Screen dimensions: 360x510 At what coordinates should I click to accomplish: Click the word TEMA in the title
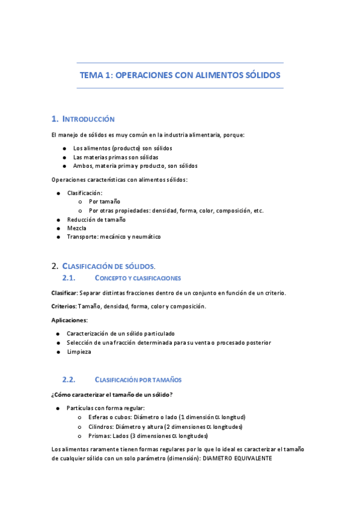pos(92,76)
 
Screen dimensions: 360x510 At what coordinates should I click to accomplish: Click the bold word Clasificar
pos(64,293)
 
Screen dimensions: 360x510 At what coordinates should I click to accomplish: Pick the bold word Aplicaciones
pos(69,320)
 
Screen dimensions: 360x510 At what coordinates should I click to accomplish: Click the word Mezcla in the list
pos(76,229)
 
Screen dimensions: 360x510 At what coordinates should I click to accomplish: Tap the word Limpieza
pos(79,352)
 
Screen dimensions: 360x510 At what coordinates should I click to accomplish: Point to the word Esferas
pos(99,417)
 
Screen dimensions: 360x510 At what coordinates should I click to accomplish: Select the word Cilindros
pos(101,426)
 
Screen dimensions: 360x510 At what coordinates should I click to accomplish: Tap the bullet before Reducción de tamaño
pos(58,220)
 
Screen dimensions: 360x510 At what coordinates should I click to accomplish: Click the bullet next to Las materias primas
pos(64,157)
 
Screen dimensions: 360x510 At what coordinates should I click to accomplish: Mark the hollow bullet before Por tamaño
pos(80,202)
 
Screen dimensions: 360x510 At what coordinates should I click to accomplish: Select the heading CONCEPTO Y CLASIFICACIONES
pos(138,278)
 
